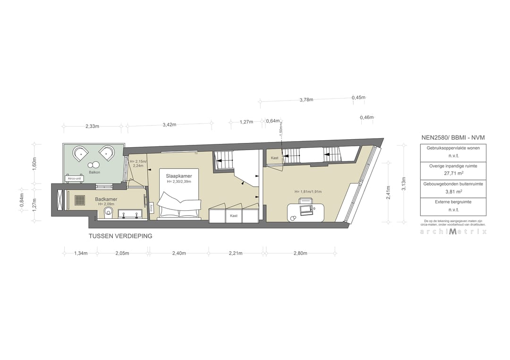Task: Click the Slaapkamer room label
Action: tap(178, 176)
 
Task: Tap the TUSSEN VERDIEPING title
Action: tap(120, 236)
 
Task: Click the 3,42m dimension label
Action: tap(169, 125)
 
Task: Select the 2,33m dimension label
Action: tap(92, 126)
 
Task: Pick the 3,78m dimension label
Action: tap(306, 100)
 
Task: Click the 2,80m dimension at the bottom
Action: tap(300, 253)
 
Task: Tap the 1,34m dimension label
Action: tap(81, 253)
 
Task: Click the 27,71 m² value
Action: tap(453, 175)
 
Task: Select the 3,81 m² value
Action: tap(453, 193)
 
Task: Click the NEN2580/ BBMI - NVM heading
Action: tap(453, 137)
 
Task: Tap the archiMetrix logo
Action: tap(453, 231)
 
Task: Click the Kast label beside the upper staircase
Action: tap(274, 158)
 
